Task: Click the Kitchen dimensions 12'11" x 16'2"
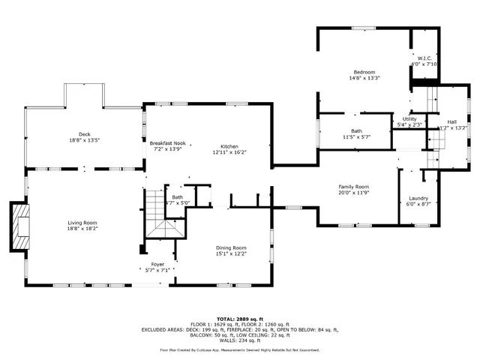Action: pos(229,152)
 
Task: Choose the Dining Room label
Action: pos(230,248)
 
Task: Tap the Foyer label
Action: pos(157,264)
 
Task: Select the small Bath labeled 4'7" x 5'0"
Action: pos(177,199)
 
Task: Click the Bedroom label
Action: pos(364,72)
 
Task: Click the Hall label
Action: pos(451,121)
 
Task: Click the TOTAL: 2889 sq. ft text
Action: pos(239,319)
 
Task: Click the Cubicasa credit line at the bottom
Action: pos(239,349)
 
